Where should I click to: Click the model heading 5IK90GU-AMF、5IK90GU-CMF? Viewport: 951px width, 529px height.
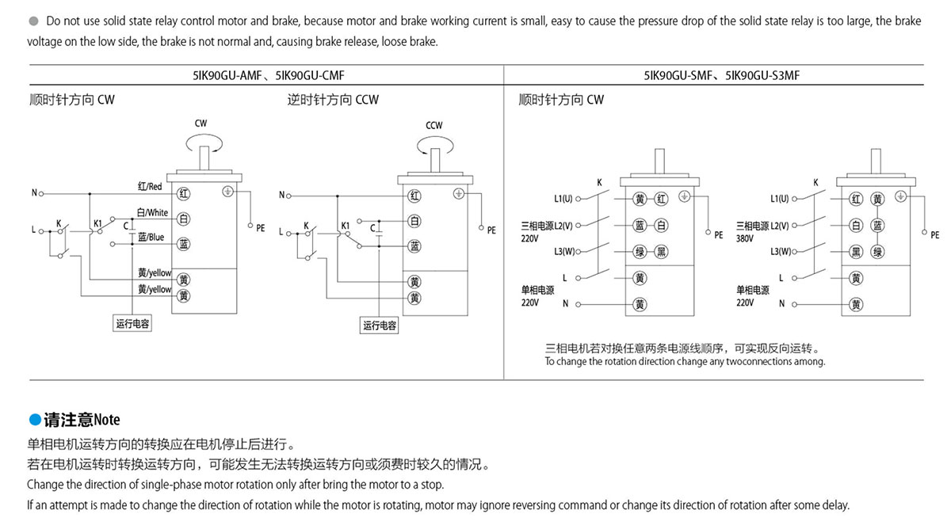268,76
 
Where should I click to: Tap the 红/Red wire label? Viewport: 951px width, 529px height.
149,186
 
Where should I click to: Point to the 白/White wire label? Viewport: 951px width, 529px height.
152,212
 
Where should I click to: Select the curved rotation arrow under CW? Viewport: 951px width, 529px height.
201,142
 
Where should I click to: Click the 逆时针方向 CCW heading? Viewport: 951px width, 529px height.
333,100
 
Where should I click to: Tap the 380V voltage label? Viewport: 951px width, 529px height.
744,238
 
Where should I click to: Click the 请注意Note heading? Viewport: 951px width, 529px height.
82,420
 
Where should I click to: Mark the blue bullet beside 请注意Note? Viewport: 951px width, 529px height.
34,420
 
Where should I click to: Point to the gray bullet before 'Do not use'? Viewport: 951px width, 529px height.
34,21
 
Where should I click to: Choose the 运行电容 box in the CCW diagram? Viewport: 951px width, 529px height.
380,325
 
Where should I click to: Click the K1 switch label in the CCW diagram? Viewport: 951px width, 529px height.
346,226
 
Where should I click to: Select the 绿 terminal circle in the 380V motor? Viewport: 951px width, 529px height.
877,252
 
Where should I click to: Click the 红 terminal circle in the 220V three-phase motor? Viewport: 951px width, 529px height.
663,199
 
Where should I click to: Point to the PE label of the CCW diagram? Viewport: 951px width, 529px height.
491,230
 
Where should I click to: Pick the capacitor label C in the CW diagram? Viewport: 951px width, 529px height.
124,226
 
